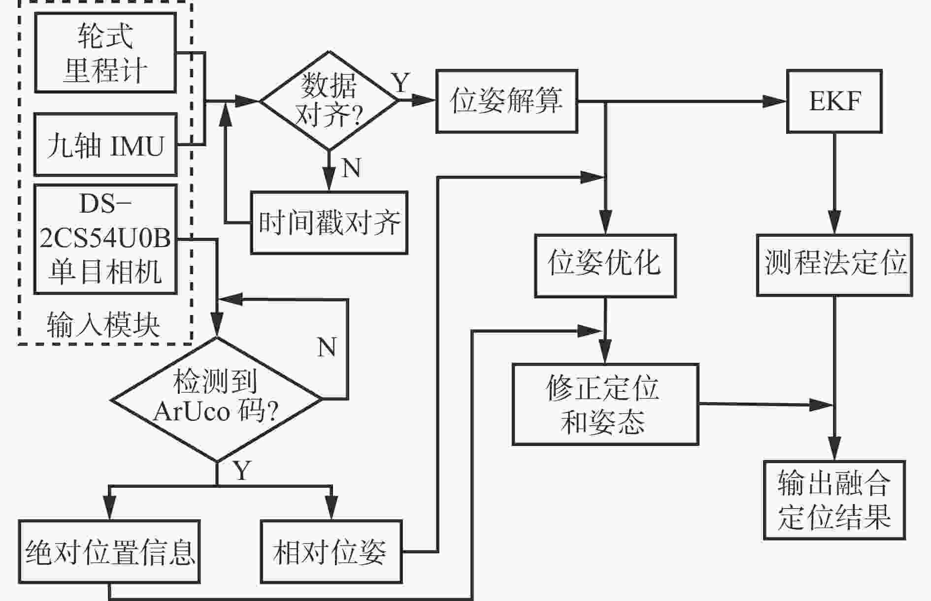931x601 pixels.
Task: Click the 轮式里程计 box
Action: click(x=105, y=53)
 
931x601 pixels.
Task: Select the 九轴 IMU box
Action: click(x=105, y=145)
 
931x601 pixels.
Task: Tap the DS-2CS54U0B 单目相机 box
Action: click(x=105, y=239)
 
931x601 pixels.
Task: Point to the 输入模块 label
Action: click(x=103, y=325)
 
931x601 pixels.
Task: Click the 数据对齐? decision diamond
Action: click(x=329, y=101)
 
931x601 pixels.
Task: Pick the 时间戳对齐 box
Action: click(x=329, y=222)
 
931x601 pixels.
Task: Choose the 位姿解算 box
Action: click(x=506, y=101)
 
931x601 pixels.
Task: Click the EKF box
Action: click(x=834, y=101)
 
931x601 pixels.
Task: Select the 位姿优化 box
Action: click(x=605, y=265)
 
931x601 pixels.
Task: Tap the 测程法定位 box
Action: click(x=834, y=265)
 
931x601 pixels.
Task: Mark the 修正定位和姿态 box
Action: click(x=605, y=404)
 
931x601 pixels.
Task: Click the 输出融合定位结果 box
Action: click(x=834, y=500)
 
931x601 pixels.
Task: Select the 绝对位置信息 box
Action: click(x=109, y=551)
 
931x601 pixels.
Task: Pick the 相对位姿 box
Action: click(x=331, y=551)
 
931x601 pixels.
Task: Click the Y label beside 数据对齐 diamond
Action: click(x=400, y=82)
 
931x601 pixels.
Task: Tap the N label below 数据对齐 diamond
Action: click(x=351, y=168)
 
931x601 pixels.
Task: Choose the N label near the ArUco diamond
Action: click(x=327, y=347)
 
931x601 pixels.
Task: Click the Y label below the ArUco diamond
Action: click(x=242, y=471)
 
